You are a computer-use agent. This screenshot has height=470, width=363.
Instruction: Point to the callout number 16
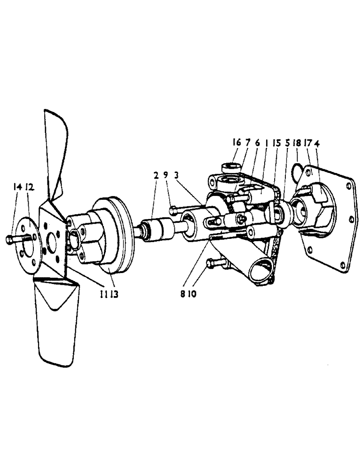click(x=237, y=142)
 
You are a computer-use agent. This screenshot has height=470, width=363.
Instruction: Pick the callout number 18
click(x=297, y=142)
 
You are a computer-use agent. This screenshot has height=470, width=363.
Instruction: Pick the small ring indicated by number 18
click(x=296, y=167)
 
